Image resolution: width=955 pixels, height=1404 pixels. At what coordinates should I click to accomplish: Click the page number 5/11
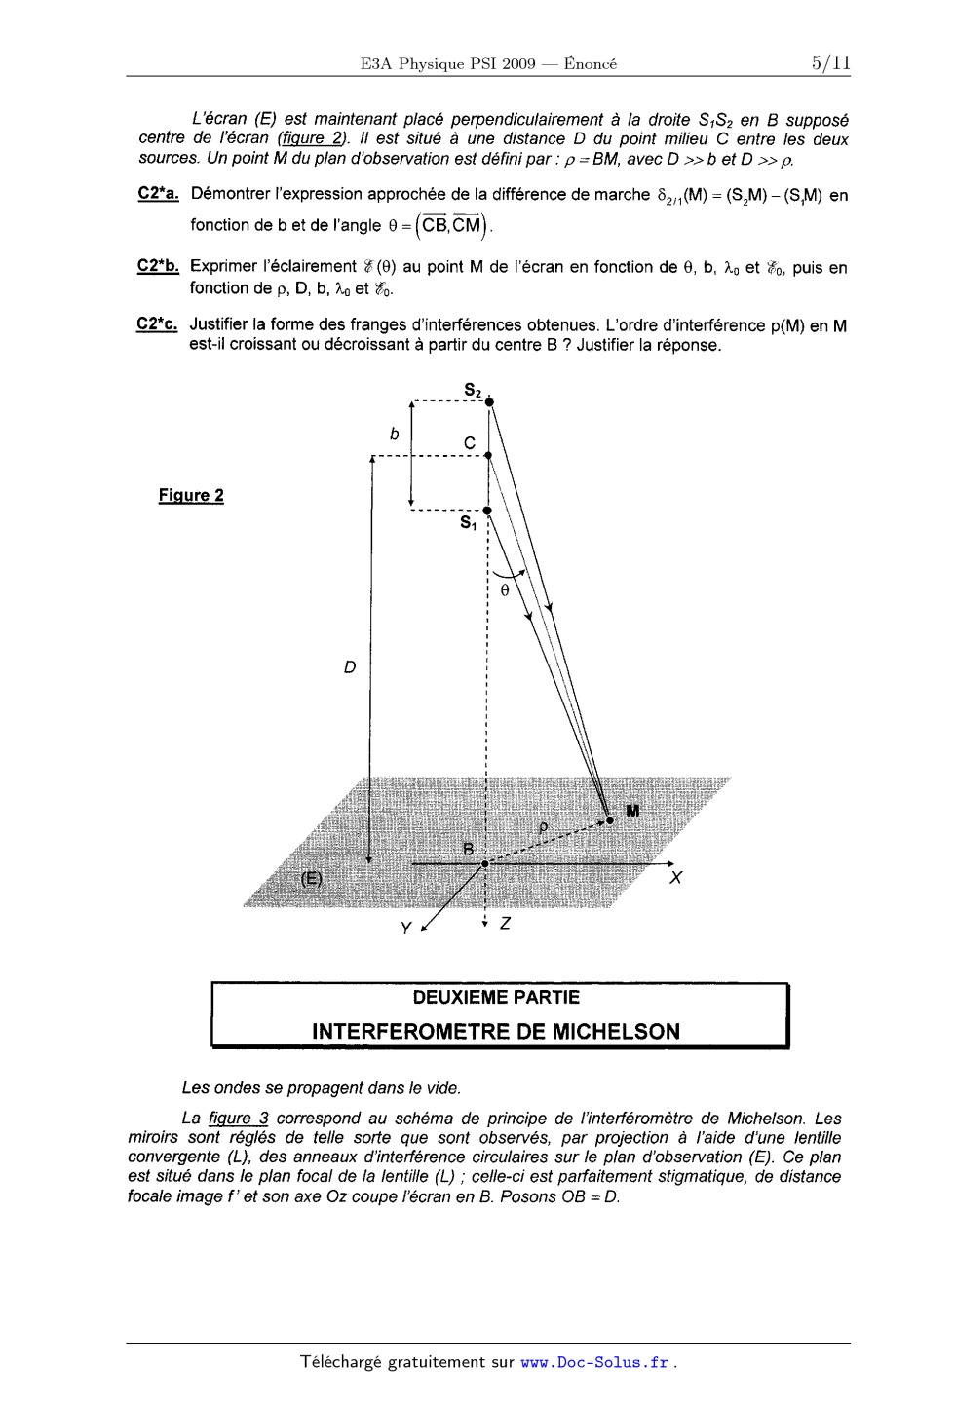(x=829, y=63)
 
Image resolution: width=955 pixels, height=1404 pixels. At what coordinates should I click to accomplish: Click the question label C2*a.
(x=158, y=194)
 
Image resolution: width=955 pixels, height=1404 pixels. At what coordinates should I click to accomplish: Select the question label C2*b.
(x=158, y=266)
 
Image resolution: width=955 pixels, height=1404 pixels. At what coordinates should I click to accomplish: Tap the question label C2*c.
(x=158, y=324)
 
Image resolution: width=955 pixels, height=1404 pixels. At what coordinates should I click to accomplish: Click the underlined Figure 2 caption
(x=191, y=495)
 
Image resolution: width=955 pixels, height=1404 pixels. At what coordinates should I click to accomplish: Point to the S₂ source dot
(x=490, y=401)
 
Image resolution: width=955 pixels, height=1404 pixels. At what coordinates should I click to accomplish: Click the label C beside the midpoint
(x=470, y=444)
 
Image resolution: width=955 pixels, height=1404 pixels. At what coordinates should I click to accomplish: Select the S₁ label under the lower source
(x=469, y=523)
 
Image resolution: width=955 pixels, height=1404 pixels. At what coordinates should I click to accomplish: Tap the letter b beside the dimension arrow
(x=394, y=436)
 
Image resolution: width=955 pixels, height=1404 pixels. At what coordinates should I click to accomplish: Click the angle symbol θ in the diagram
(x=504, y=590)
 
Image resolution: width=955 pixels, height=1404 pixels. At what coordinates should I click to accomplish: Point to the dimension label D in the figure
(x=349, y=667)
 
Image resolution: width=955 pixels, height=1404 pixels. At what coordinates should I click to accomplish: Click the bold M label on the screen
(x=633, y=812)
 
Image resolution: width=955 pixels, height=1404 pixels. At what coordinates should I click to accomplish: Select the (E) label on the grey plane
(x=310, y=878)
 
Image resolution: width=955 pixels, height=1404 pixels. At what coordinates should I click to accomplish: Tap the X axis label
(x=675, y=879)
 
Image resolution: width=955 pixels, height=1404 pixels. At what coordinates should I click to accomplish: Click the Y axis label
(x=406, y=928)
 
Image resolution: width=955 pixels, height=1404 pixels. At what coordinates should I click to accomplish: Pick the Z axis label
(x=504, y=924)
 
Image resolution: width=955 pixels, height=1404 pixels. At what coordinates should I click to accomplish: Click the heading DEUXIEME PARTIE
(x=496, y=997)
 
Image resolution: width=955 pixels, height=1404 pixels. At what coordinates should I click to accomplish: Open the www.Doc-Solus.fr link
(x=595, y=1362)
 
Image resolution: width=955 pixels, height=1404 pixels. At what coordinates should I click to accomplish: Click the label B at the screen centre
(x=469, y=849)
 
